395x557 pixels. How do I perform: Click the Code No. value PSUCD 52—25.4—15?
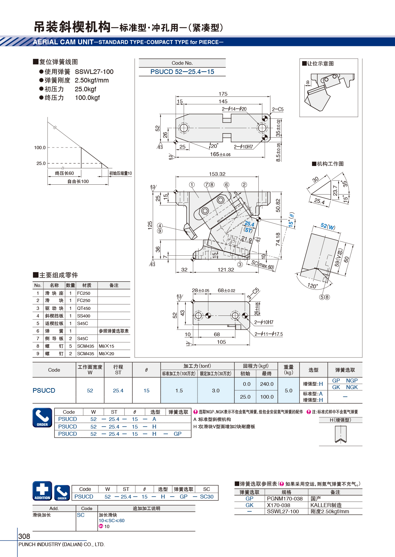point(182,72)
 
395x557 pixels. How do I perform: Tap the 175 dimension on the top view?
point(223,94)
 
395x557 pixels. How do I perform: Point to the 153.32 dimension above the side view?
point(217,174)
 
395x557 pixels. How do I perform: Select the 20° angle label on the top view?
point(214,146)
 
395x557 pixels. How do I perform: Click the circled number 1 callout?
point(192,184)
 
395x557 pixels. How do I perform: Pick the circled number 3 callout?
point(240,264)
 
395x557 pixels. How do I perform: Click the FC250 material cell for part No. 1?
point(83,293)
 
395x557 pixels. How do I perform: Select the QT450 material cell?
point(84,308)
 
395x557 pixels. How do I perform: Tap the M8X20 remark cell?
point(106,354)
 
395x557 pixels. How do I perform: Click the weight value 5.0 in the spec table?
point(288,390)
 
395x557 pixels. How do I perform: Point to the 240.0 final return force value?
point(267,384)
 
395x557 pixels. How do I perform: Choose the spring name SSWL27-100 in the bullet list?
point(94,72)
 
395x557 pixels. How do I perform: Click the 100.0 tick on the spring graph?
point(40,148)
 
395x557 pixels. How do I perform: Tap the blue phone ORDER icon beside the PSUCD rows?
point(42,417)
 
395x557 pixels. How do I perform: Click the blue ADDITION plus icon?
point(42,491)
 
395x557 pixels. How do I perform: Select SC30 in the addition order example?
point(207,497)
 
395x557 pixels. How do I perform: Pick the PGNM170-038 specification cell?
point(285,499)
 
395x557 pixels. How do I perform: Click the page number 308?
point(24,536)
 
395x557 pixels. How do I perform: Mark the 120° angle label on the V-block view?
point(312,286)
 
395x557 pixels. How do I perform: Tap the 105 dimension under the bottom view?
point(221,342)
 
